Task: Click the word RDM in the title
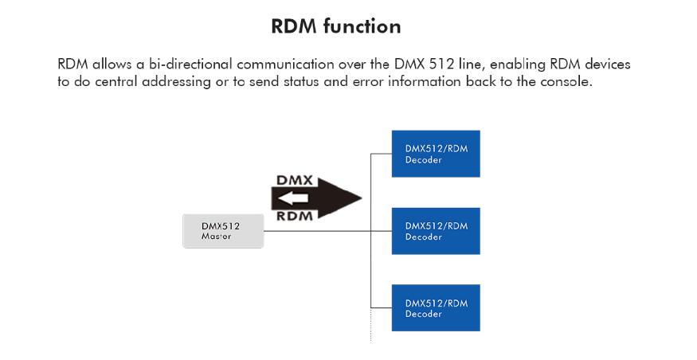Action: pos(294,26)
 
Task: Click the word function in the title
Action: pos(362,26)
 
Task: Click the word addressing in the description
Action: pos(177,82)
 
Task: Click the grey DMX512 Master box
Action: pos(223,231)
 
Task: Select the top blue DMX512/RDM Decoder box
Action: pos(436,154)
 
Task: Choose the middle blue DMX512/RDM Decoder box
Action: pos(436,231)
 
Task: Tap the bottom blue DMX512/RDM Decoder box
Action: pos(436,308)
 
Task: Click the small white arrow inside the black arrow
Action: pos(293,198)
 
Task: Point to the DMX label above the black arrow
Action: pos(295,181)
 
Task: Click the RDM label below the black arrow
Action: pos(295,216)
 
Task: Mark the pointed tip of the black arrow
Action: pos(362,198)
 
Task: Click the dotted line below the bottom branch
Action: pos(370,326)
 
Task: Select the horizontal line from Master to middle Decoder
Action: pos(327,231)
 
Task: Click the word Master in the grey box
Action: pos(216,237)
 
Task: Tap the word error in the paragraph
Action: pos(368,82)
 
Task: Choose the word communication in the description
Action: pos(285,65)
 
